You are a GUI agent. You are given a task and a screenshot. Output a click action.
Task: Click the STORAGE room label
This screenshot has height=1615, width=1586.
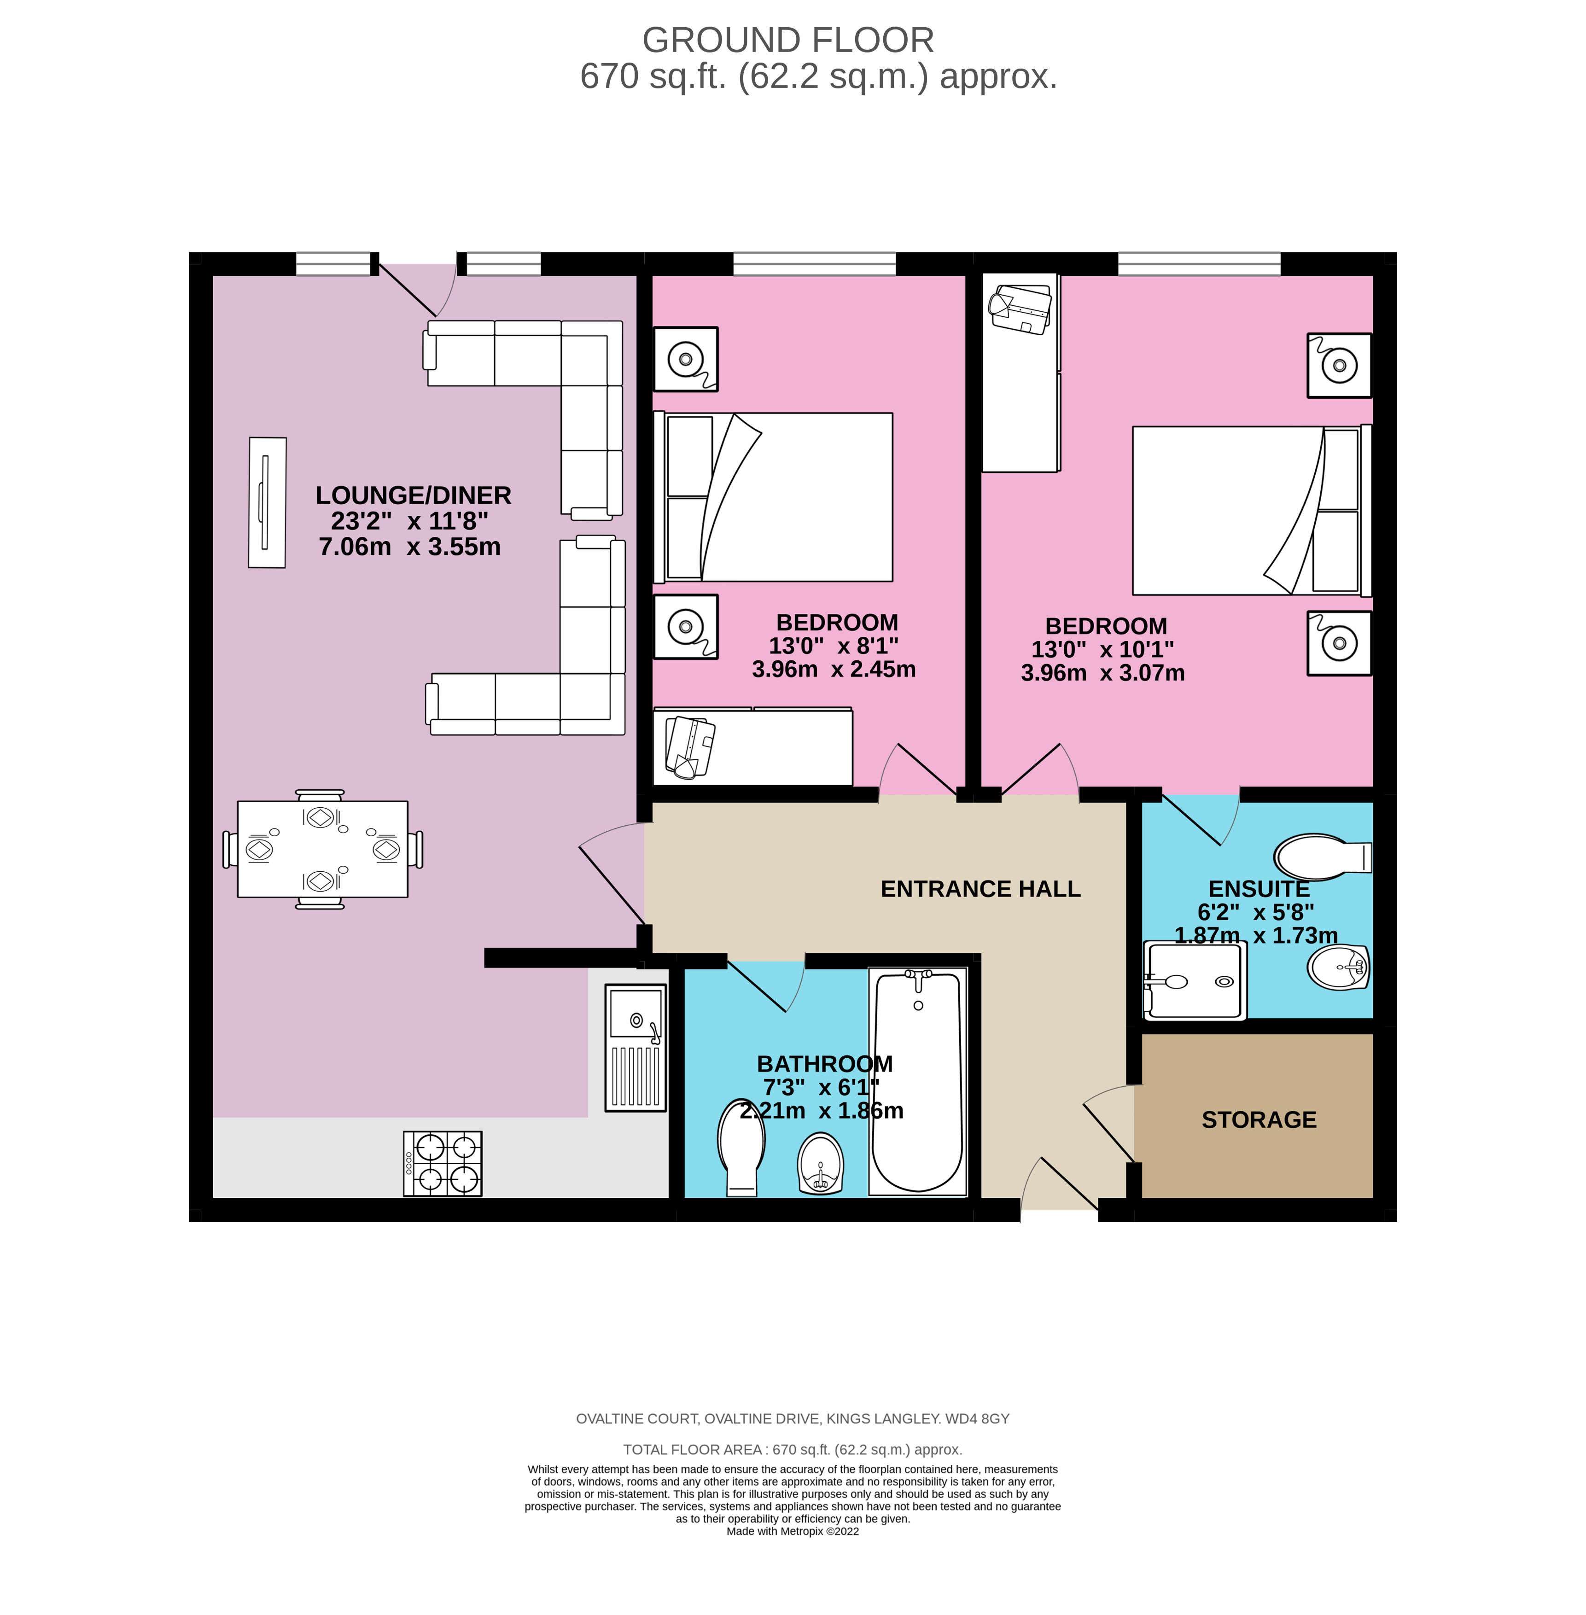pyautogui.click(x=1259, y=1119)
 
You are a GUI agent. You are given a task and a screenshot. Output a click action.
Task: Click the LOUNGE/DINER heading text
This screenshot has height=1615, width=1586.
pyautogui.click(x=413, y=496)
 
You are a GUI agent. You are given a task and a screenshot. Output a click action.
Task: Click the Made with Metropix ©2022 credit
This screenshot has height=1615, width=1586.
pyautogui.click(x=792, y=1531)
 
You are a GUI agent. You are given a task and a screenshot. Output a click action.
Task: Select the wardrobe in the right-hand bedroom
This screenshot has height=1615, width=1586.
pyautogui.click(x=1020, y=372)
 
